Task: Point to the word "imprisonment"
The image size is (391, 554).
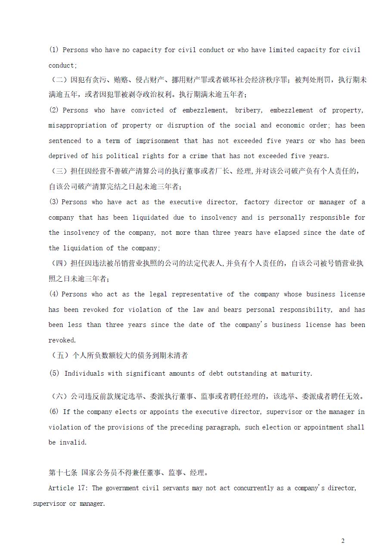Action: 157,141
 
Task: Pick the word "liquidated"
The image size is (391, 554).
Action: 160,218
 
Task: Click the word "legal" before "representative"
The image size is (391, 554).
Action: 158,294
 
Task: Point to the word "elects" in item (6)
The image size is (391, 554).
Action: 126,412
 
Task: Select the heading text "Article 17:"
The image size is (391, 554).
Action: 68,488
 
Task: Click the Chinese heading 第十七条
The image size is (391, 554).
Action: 63,473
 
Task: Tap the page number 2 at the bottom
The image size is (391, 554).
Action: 343,541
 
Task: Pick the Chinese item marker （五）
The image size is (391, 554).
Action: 59,356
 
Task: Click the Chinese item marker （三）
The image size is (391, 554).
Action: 59,171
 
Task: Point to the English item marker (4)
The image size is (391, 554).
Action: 54,294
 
